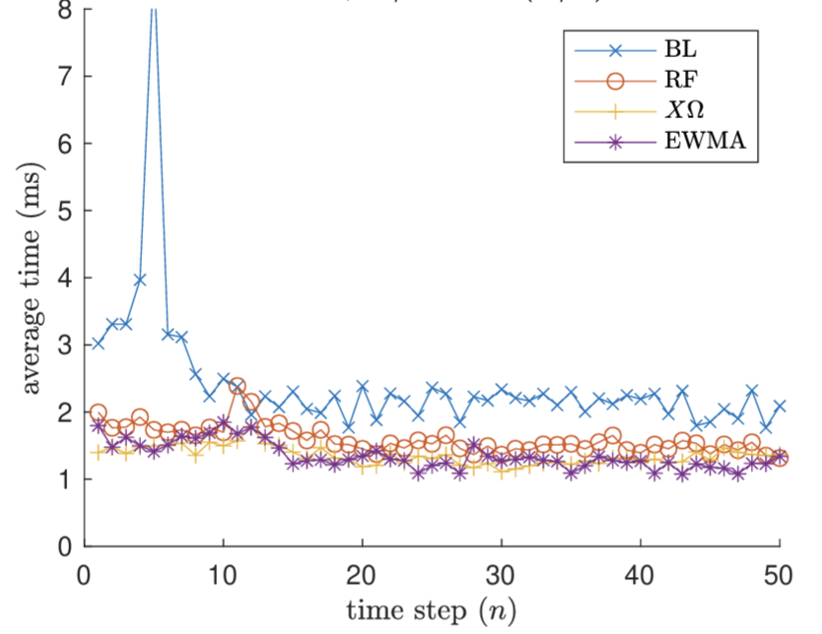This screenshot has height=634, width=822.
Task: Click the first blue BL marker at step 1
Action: tap(98, 344)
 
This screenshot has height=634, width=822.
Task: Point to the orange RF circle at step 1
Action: tap(98, 412)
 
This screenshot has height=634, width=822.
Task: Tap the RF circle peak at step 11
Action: tap(237, 386)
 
